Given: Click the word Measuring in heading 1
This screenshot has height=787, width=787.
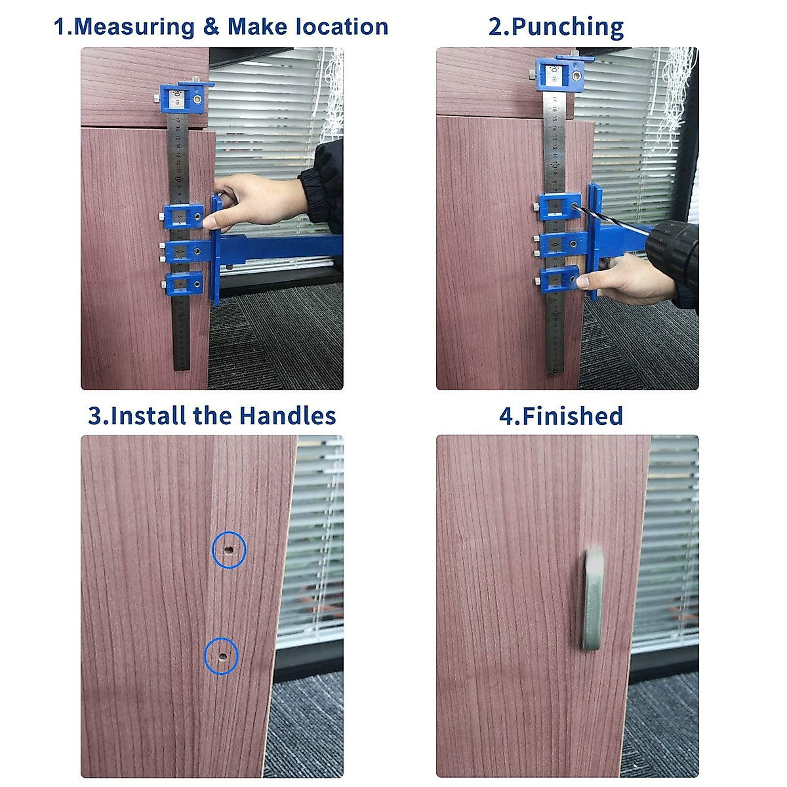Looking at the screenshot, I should click(x=134, y=27).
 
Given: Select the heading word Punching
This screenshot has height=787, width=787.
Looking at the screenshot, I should click(x=567, y=27).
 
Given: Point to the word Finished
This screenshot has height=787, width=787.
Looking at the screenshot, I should click(x=572, y=416).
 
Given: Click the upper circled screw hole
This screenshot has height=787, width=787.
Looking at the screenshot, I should click(x=229, y=550).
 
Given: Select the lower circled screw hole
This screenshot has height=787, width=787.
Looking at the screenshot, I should click(x=221, y=655).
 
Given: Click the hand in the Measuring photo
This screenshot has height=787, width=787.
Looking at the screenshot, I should click(x=256, y=200).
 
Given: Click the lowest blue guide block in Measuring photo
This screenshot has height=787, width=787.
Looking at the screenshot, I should click(x=184, y=284).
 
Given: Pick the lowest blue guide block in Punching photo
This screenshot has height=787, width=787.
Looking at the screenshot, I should click(x=559, y=281).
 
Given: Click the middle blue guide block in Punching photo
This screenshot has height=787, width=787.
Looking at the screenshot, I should click(x=559, y=244).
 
